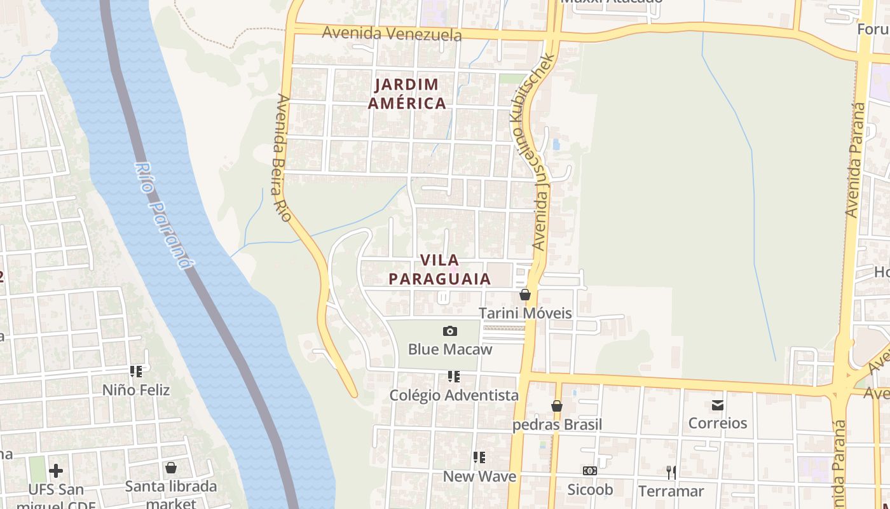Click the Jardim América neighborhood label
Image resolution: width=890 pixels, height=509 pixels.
tap(407, 94)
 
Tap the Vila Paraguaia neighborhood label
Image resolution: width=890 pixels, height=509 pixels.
tap(440, 270)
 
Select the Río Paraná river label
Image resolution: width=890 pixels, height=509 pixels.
tap(162, 215)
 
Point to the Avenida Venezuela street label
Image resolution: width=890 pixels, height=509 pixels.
tap(392, 33)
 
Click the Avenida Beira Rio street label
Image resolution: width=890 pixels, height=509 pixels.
tap(284, 158)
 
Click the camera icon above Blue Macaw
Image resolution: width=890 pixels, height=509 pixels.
tap(450, 331)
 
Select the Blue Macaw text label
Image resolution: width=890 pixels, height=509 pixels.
tap(450, 349)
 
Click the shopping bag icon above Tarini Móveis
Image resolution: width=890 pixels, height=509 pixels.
tap(525, 295)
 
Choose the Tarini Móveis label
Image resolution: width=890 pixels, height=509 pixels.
tap(525, 313)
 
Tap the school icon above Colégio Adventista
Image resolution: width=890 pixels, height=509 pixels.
tap(454, 377)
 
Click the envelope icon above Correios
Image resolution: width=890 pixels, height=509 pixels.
tap(718, 405)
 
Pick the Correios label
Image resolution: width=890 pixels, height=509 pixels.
tap(718, 423)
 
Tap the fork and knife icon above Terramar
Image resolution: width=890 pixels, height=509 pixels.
tap(671, 472)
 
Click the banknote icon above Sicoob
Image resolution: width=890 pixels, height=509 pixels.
tap(590, 471)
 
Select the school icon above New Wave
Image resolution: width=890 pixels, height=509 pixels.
tap(479, 457)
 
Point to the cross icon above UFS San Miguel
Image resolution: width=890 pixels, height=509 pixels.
tap(56, 471)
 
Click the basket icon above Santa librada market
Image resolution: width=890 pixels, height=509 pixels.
tap(171, 468)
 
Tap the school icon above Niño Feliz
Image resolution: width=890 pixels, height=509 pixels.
tap(136, 371)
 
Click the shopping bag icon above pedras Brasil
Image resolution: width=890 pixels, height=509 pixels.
tap(557, 406)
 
